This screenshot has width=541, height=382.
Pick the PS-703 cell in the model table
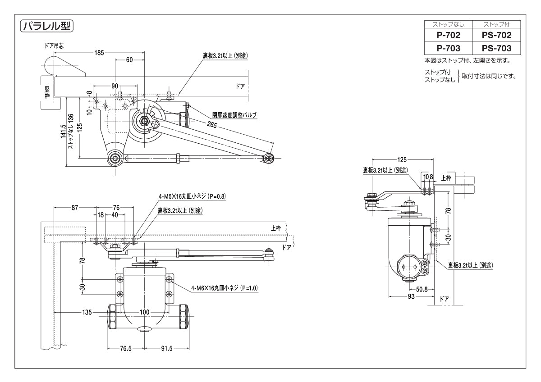tap(496, 48)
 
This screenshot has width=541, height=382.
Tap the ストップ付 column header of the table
tap(496, 24)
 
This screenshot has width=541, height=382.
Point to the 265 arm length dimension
tap(213, 124)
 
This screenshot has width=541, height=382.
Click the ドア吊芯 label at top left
tap(54, 45)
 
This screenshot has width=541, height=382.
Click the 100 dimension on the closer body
tap(144, 312)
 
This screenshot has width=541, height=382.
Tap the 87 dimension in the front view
tap(75, 208)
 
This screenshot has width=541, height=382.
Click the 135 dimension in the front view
tap(87, 312)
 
